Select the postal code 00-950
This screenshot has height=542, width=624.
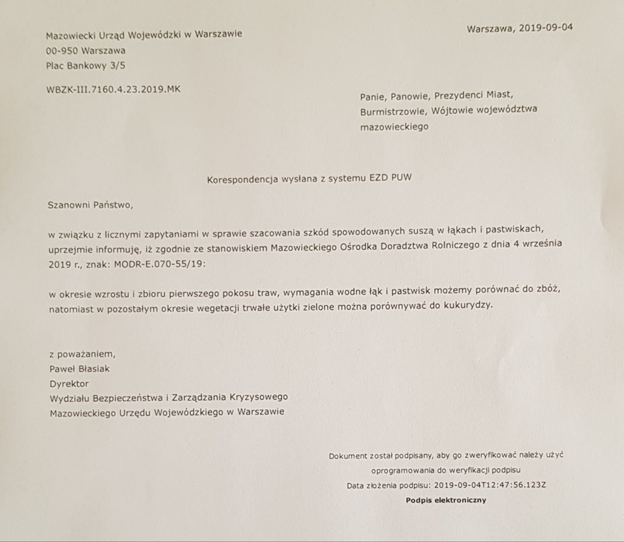coord(62,50)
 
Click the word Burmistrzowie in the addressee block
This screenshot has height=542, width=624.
coord(392,111)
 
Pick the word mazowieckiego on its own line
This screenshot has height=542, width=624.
coord(394,127)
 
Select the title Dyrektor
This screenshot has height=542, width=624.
coord(69,383)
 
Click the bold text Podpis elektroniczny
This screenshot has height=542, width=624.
coord(446,500)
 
